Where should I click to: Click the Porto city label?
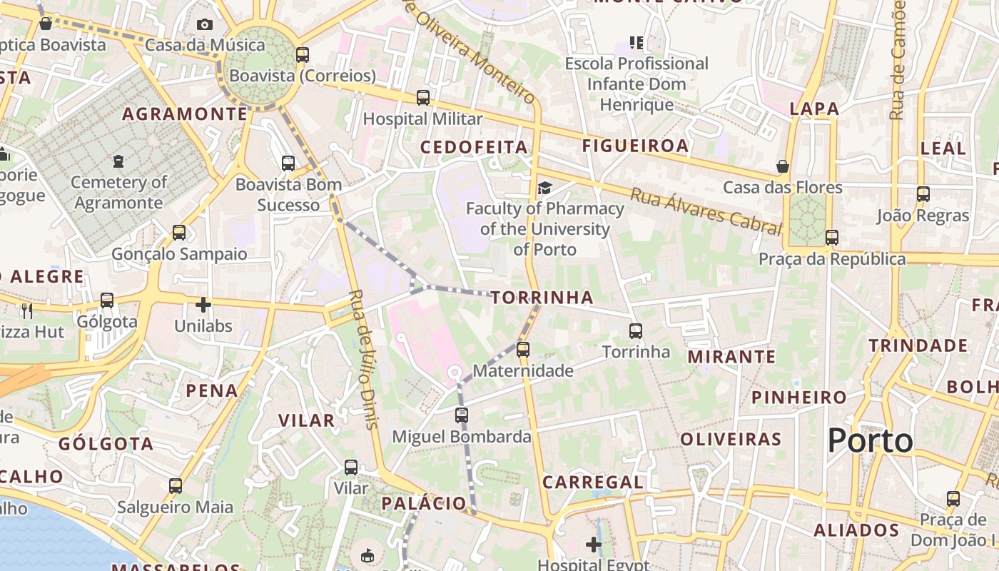[870, 440]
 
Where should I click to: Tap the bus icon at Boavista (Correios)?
[303, 54]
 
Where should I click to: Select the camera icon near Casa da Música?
[205, 24]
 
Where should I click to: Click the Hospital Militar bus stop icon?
[423, 98]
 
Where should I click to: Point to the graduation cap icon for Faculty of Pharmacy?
[544, 188]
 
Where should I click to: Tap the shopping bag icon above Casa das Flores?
[783, 166]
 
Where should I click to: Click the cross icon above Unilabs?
[203, 305]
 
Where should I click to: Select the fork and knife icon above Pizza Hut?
[27, 310]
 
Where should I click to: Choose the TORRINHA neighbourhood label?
[542, 297]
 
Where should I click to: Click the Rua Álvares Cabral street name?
[706, 211]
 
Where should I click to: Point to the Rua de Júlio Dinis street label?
[363, 358]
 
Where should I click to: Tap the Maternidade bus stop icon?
[523, 350]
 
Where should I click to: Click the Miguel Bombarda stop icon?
[462, 415]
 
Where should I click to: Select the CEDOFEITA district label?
[474, 147]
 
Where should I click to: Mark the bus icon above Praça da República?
[832, 238]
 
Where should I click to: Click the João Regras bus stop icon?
[923, 193]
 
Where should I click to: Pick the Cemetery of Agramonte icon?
[118, 161]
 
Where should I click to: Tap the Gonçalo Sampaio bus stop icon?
[179, 233]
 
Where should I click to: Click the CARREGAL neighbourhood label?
[592, 482]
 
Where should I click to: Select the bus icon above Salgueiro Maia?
[176, 486]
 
